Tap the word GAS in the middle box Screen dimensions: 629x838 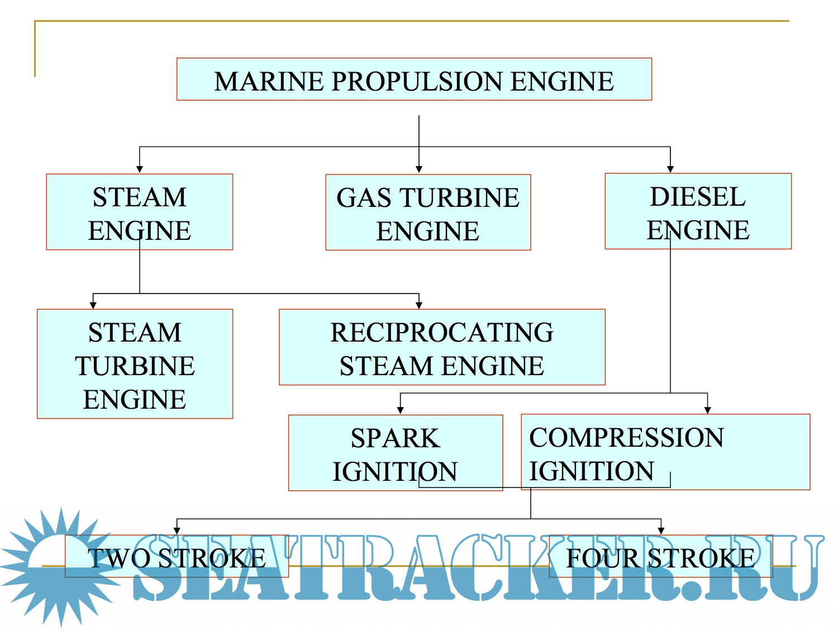tap(363, 198)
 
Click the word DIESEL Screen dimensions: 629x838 tap(698, 197)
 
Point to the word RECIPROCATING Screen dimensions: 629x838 tap(442, 333)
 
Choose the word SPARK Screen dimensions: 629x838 tap(395, 438)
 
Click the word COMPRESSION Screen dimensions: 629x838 tap(626, 438)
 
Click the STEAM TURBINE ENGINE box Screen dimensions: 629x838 tap(135, 364)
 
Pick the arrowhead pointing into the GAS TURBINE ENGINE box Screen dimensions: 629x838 tap(419, 169)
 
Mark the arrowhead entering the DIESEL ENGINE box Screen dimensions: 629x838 tap(670, 169)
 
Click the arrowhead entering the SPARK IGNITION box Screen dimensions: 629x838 tap(401, 410)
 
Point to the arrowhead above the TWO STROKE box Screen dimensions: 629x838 tap(177, 531)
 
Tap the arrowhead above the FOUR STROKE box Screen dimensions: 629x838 tap(661, 531)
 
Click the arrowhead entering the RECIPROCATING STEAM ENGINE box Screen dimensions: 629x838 tap(419, 305)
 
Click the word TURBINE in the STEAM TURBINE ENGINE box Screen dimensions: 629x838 tap(135, 366)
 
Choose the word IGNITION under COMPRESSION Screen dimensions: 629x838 tap(592, 471)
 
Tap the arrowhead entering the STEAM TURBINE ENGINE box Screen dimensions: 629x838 tap(93, 305)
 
